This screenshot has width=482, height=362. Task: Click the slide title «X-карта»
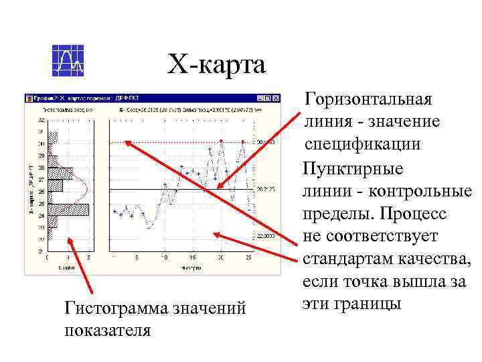(216, 65)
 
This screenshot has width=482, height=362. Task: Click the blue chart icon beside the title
(68, 60)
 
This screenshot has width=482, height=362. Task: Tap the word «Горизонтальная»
(368, 100)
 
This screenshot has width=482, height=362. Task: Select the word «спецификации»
(363, 145)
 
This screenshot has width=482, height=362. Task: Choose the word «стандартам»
(354, 259)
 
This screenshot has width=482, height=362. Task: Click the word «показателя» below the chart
(108, 331)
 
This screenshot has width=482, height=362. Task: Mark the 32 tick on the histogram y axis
(41, 120)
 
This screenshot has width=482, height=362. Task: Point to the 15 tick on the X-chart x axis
(191, 257)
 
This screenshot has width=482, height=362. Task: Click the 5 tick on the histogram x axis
(69, 257)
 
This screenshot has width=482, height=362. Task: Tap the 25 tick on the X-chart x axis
(248, 257)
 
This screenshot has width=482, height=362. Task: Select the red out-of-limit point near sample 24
(242, 141)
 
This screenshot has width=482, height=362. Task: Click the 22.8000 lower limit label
(266, 236)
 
